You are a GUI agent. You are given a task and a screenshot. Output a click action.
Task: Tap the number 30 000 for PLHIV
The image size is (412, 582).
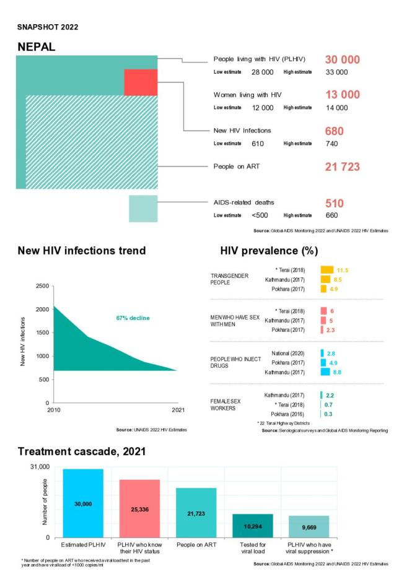[342, 59]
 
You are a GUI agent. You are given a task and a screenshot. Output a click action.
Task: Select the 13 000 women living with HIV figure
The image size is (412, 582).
[342, 95]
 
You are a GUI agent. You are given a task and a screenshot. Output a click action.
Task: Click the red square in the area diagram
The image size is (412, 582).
[141, 82]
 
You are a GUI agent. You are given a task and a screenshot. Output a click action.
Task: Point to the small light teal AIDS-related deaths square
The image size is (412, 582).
[142, 209]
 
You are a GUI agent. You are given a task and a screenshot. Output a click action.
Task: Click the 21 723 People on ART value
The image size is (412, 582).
[342, 167]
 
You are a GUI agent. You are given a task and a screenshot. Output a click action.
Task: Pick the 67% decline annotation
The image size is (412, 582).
[133, 318]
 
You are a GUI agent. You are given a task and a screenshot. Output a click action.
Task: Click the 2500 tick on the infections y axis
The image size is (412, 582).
[41, 286]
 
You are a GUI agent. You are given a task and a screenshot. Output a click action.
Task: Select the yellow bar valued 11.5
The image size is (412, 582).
[327, 270]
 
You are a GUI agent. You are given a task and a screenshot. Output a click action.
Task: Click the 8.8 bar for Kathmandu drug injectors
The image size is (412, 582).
[325, 372]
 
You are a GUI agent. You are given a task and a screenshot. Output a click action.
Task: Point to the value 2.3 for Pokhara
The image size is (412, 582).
[331, 330]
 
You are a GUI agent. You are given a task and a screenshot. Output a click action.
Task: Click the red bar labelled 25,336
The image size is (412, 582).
[139, 508]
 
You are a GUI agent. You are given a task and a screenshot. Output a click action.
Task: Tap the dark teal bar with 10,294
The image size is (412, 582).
[252, 526]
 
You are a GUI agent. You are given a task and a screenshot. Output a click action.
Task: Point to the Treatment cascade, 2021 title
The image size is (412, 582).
[81, 451]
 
